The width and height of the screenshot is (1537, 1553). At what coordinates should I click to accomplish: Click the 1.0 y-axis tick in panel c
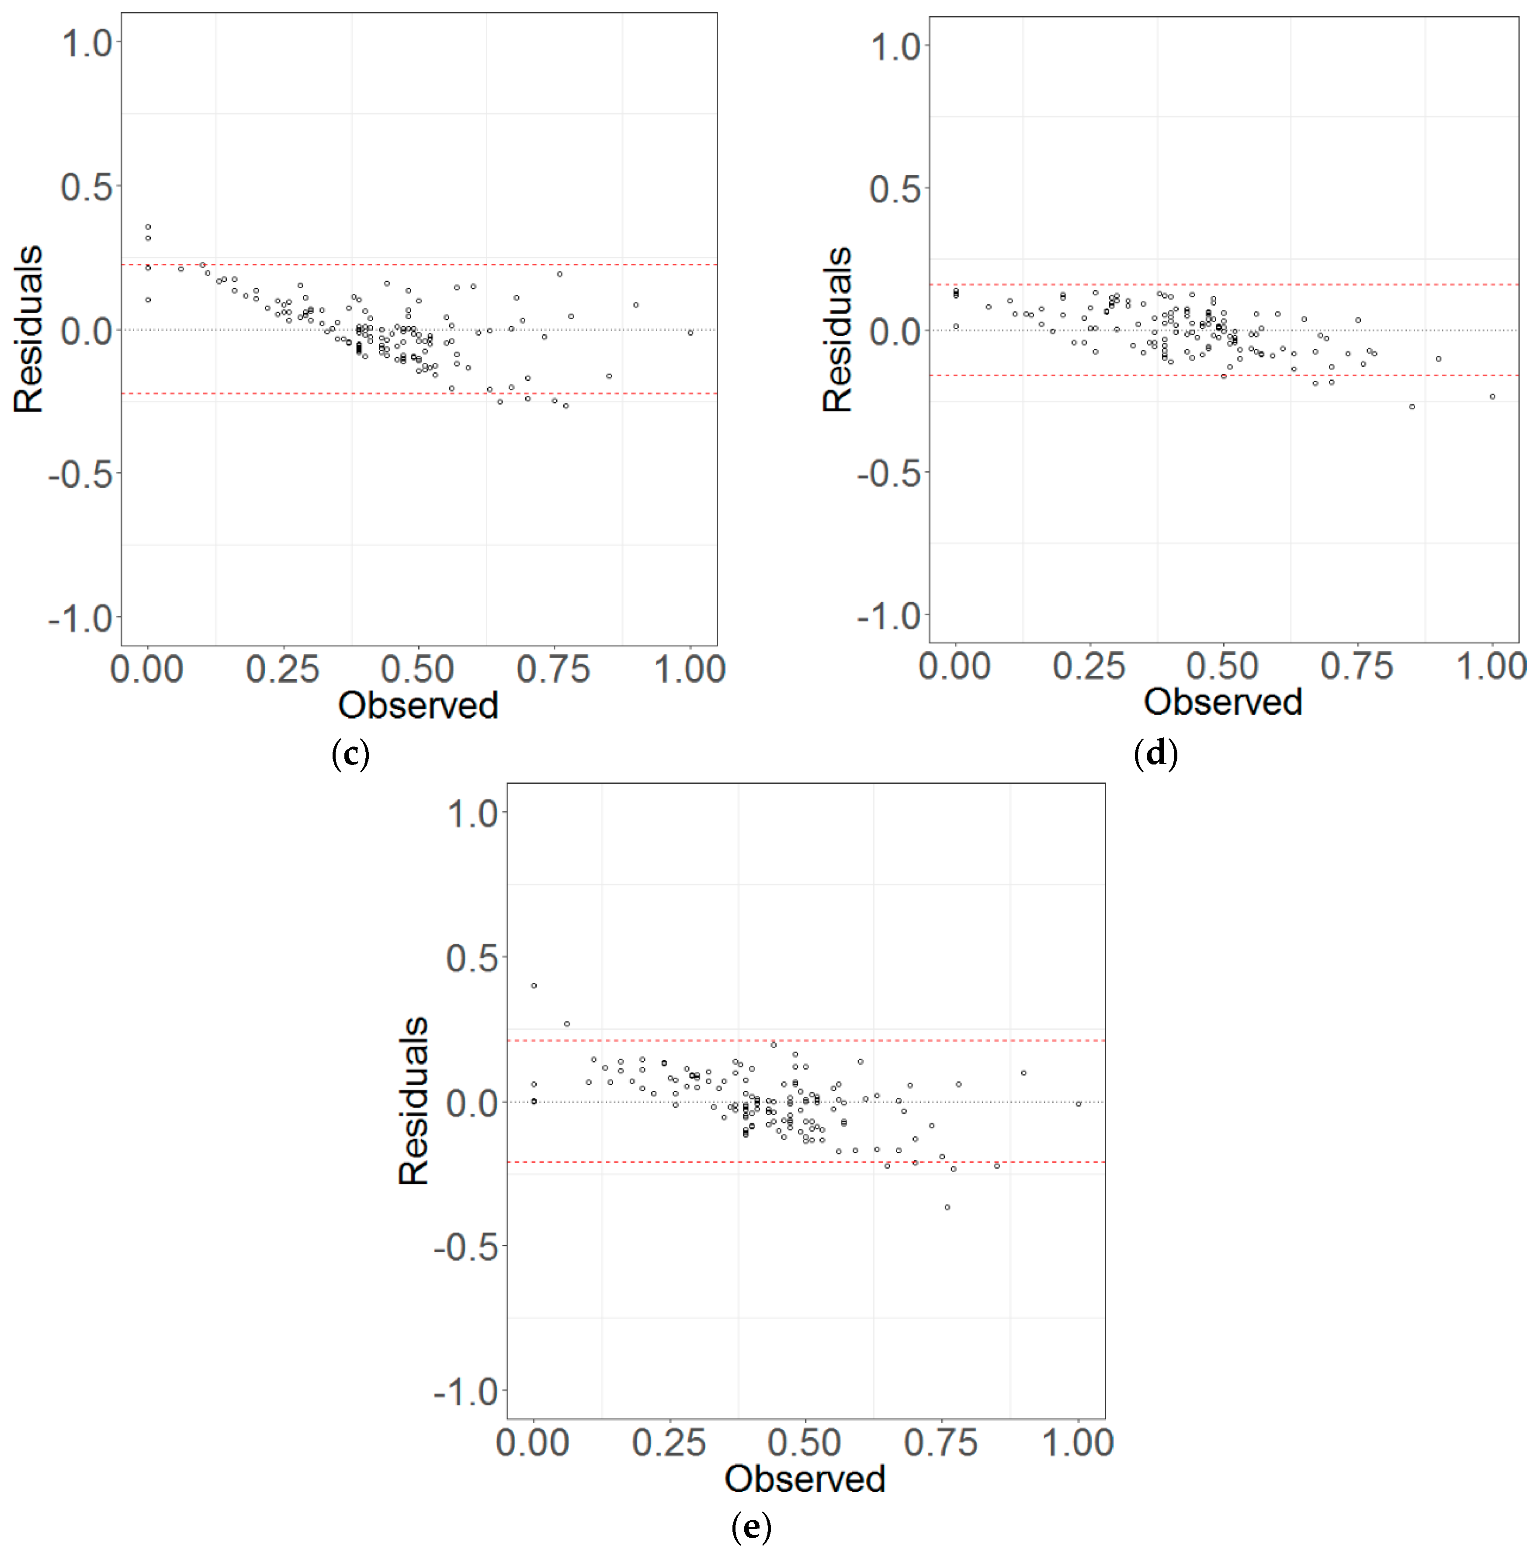pyautogui.click(x=87, y=42)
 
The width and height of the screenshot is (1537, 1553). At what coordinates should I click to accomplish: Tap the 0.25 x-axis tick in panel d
pyautogui.click(x=1089, y=667)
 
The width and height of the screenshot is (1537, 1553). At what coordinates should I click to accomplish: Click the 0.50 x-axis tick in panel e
pyautogui.click(x=805, y=1443)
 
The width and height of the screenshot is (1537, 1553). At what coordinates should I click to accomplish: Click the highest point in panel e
pyautogui.click(x=534, y=986)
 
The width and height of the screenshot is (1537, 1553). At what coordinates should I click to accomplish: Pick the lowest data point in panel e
pyautogui.click(x=947, y=1207)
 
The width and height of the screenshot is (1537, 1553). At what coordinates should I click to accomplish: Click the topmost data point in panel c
pyautogui.click(x=148, y=227)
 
